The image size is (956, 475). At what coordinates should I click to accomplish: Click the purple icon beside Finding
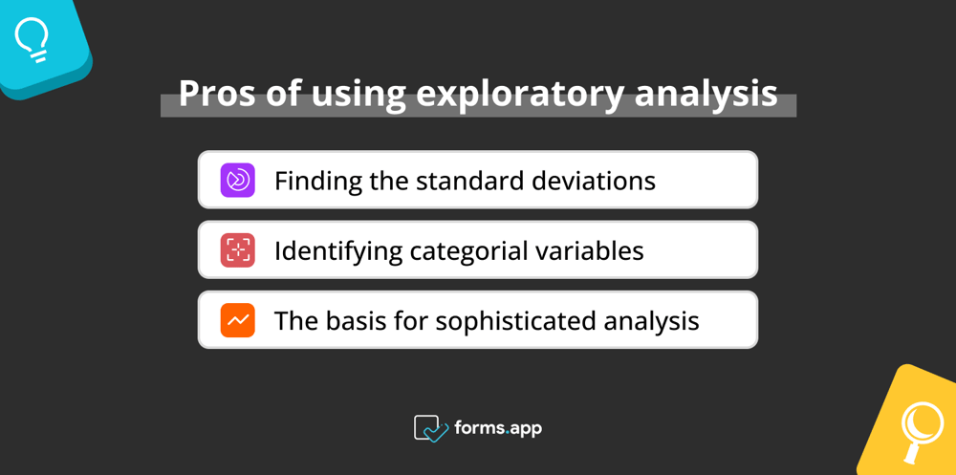click(x=238, y=180)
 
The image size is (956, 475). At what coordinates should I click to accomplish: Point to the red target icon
click(x=238, y=250)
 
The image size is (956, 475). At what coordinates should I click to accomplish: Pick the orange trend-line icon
click(x=238, y=320)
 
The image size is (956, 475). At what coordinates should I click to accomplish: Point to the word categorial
click(x=473, y=251)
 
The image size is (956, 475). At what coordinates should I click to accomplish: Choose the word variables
click(x=595, y=250)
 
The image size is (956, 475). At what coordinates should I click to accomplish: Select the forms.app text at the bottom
click(x=498, y=428)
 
